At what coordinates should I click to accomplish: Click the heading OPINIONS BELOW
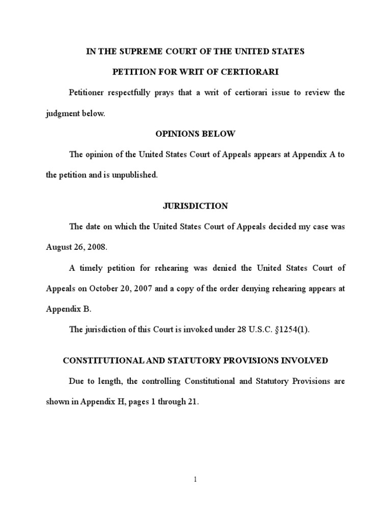pos(195,134)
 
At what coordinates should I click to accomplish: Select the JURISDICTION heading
pos(195,206)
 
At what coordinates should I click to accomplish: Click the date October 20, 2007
pos(116,288)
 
